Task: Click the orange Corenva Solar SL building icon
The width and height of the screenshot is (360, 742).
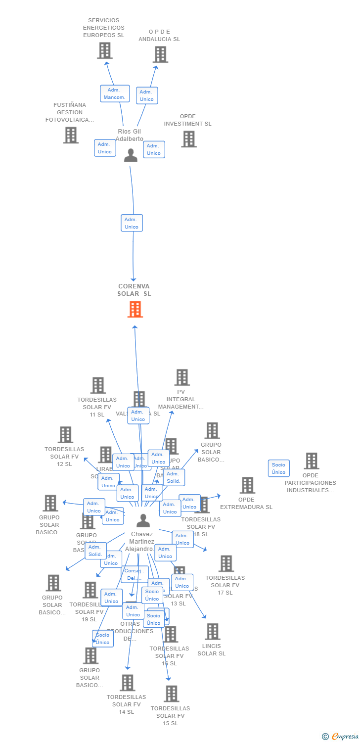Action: [x=135, y=309]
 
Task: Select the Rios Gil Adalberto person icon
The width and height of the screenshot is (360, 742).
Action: [x=131, y=155]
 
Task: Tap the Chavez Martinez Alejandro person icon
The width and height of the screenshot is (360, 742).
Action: [x=143, y=520]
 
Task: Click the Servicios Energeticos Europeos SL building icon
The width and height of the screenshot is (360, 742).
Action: [x=104, y=50]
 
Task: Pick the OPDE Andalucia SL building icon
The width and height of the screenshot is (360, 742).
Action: [x=160, y=54]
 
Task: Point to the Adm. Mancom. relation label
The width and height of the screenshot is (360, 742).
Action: [x=115, y=93]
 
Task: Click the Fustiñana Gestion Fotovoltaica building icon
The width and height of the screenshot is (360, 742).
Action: [x=71, y=135]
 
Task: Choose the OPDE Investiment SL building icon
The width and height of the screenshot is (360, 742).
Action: [x=188, y=139]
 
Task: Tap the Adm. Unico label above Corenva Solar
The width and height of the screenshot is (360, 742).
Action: [x=132, y=223]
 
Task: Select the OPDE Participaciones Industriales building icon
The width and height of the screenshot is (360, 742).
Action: [x=311, y=461]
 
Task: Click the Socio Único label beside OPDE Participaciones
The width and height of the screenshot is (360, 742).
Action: [x=278, y=468]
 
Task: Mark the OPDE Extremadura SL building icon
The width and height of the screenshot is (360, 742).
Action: [x=247, y=485]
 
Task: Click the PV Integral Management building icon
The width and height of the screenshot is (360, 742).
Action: [x=182, y=377]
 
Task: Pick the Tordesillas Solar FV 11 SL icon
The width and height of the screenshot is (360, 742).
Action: [x=98, y=385]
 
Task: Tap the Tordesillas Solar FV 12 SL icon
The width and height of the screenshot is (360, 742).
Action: [x=65, y=435]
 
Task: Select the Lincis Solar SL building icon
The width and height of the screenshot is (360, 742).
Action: [x=213, y=632]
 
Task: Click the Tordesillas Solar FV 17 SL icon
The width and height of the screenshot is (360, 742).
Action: [x=226, y=563]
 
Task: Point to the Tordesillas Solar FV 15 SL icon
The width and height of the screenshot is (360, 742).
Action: [x=171, y=694]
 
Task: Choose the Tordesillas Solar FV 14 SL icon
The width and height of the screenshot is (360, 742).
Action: [x=127, y=683]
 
